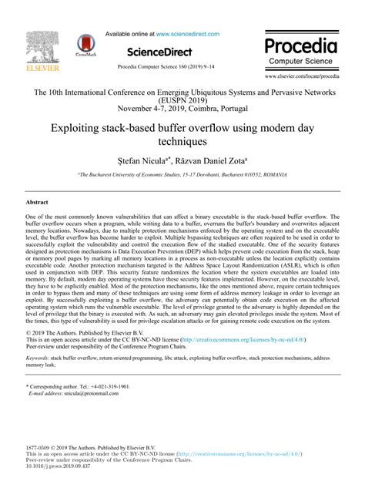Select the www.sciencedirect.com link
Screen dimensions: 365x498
[x=188, y=34]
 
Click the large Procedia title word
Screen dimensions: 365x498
[x=301, y=45]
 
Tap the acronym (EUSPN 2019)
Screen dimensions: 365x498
[x=182, y=101]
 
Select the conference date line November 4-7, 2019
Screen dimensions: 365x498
[x=182, y=109]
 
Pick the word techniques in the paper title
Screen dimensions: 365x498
[x=182, y=143]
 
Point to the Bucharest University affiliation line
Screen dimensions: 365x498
[x=182, y=177]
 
